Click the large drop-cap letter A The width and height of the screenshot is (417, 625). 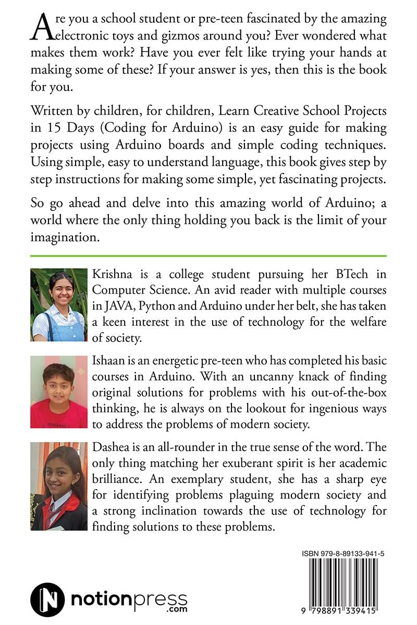[42, 29]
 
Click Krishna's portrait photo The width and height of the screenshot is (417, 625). [59, 304]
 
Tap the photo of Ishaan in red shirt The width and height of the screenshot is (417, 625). [59, 392]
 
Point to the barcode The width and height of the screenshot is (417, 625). [344, 576]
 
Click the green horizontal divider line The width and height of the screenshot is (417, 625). [208, 255]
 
